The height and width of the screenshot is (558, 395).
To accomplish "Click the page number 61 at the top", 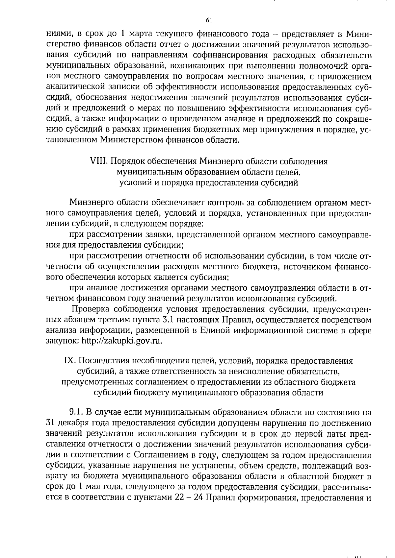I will (208, 20).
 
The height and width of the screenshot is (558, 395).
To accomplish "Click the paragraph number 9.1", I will (76, 413).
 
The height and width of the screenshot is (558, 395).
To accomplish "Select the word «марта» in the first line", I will (141, 34).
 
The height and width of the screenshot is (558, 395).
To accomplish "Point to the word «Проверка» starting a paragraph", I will (90, 309).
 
